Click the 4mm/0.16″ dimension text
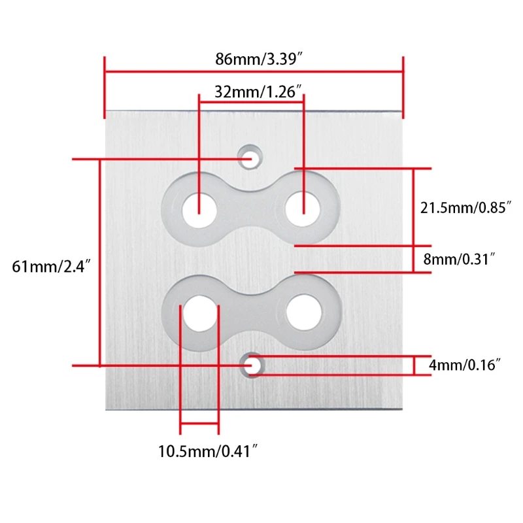pos(465,365)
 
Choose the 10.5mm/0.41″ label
pos(204,450)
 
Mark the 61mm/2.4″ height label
pos(50,267)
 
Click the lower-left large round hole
pos(199,311)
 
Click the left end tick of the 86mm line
pos(105,88)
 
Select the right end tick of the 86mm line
pos(403,88)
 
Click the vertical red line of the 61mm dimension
pos(99,261)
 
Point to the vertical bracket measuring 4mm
pos(414,365)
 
